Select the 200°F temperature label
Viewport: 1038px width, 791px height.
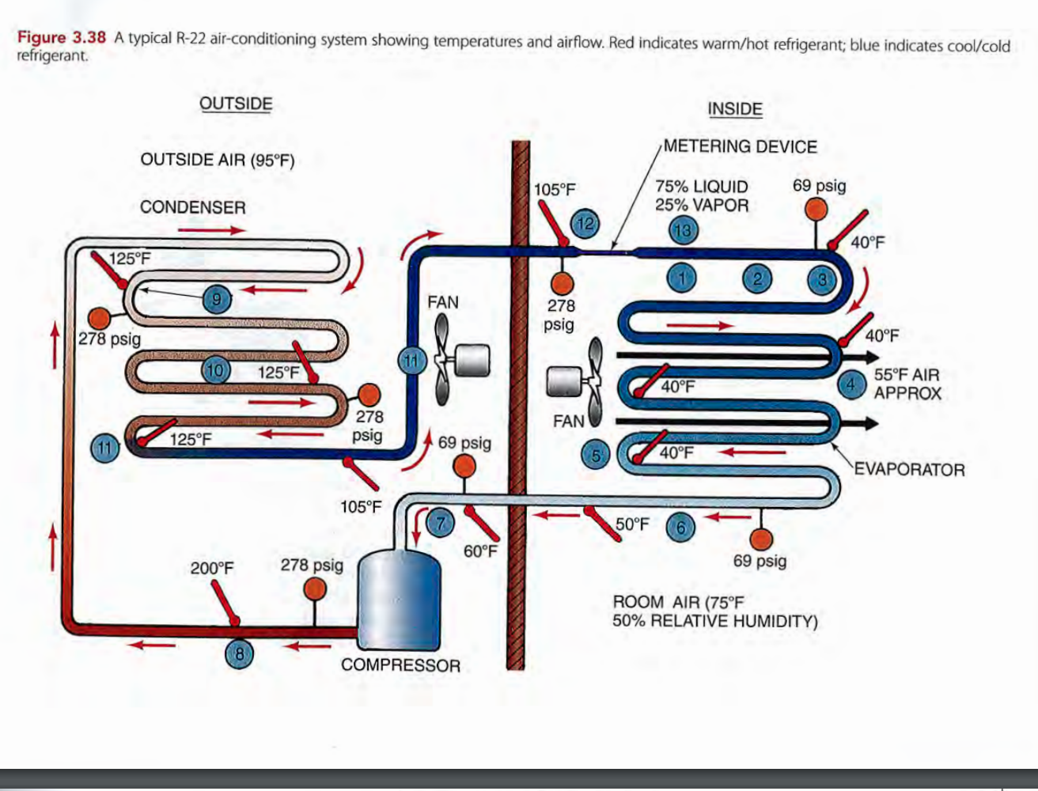pyautogui.click(x=212, y=568)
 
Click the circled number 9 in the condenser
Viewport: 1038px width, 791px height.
pyautogui.click(x=216, y=298)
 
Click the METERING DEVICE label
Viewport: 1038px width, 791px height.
pyautogui.click(x=740, y=146)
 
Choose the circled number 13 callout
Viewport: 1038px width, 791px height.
pyautogui.click(x=683, y=231)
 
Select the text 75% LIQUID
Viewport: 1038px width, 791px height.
pyautogui.click(x=701, y=187)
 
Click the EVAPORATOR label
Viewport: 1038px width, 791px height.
pyautogui.click(x=909, y=470)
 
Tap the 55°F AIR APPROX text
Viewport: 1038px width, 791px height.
pyautogui.click(x=907, y=384)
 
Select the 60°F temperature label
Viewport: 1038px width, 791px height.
pyautogui.click(x=479, y=551)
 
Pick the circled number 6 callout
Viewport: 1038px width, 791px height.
pyautogui.click(x=680, y=526)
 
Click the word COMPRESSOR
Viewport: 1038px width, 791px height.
pyautogui.click(x=400, y=665)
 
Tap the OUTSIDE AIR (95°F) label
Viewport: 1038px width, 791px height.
pyautogui.click(x=217, y=160)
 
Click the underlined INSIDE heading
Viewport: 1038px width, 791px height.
pyautogui.click(x=735, y=109)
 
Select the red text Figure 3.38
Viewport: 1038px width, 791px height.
pyautogui.click(x=62, y=38)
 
